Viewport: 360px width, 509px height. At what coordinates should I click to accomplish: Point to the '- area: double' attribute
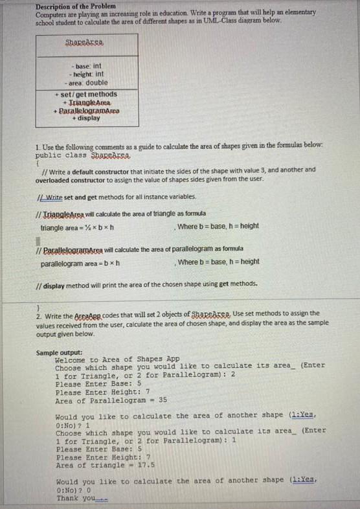coord(87,83)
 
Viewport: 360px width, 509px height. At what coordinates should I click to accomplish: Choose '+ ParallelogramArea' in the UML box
coord(87,111)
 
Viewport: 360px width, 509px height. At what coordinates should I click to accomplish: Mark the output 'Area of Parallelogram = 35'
coord(111,401)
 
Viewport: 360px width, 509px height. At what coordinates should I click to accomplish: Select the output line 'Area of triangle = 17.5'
coord(104,465)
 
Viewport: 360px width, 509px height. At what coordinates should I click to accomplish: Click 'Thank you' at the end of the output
coord(78,498)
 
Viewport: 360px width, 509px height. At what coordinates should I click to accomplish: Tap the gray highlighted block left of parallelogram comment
coord(38,242)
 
